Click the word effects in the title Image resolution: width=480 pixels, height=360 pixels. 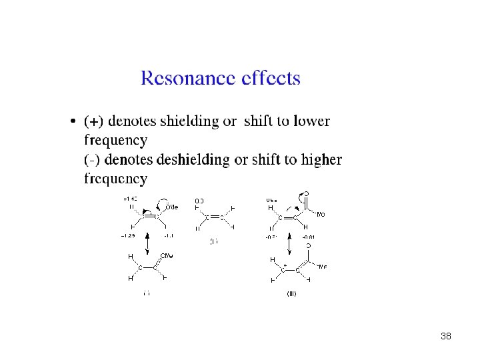pyautogui.click(x=269, y=79)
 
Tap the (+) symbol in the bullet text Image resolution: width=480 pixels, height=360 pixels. pyautogui.click(x=94, y=122)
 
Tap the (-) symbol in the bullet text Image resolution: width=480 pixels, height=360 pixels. pyautogui.click(x=93, y=160)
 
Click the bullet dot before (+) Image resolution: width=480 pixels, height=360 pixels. pyautogui.click(x=73, y=122)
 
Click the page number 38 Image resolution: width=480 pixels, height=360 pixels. pyautogui.click(x=446, y=337)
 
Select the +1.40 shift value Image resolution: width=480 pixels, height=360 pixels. pyautogui.click(x=131, y=199)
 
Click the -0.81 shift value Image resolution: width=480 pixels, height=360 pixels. pyautogui.click(x=309, y=237)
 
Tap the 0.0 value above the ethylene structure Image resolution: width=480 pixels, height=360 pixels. pyautogui.click(x=199, y=200)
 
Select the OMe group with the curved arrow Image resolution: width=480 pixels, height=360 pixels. pyautogui.click(x=171, y=207)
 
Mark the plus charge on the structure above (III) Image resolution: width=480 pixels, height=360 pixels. pyautogui.click(x=285, y=265)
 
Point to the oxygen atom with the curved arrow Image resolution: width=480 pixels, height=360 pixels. pyautogui.click(x=306, y=195)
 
